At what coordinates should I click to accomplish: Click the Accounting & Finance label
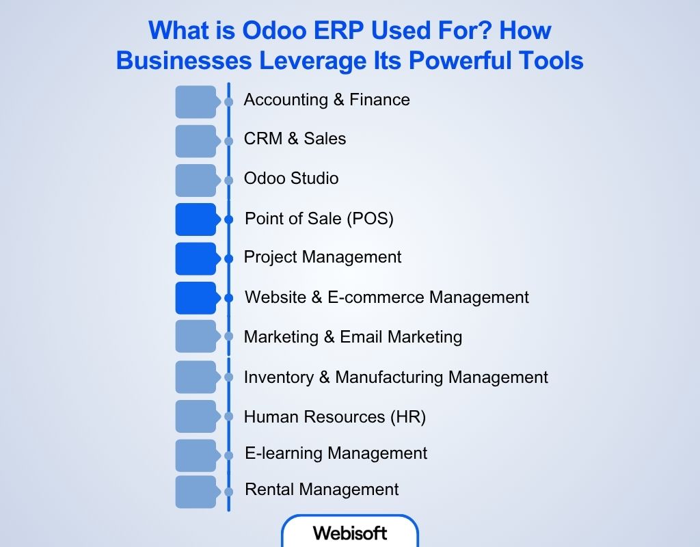[327, 100]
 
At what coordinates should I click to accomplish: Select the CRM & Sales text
[295, 139]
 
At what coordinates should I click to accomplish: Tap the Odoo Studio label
[291, 178]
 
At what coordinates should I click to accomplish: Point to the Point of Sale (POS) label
[319, 219]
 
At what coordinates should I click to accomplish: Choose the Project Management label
[323, 257]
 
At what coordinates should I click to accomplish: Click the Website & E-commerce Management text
[387, 297]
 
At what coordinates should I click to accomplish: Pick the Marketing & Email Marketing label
[353, 337]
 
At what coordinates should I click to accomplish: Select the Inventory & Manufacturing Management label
[396, 377]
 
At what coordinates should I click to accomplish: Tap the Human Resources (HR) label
[335, 417]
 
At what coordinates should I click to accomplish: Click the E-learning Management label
[336, 453]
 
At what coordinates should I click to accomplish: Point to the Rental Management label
[321, 490]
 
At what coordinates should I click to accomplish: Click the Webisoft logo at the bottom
[350, 533]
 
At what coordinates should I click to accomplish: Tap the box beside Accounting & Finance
[196, 102]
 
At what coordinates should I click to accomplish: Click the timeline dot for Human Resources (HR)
[228, 416]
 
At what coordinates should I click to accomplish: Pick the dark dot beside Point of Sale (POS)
[228, 219]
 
